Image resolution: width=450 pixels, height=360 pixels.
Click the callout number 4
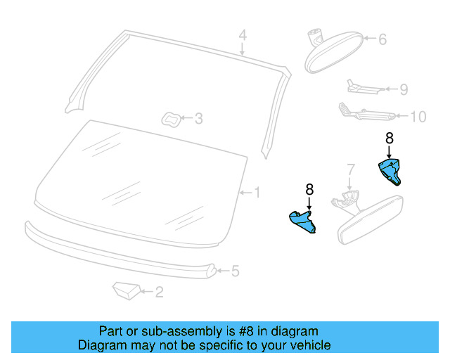click(x=242, y=34)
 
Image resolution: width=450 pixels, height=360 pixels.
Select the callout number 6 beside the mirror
click(x=382, y=39)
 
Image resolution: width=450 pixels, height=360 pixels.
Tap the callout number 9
click(x=404, y=89)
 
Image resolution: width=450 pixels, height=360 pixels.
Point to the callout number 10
click(x=418, y=117)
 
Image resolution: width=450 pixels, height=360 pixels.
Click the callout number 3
click(x=198, y=119)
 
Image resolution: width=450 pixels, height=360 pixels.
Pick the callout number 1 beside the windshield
click(x=257, y=192)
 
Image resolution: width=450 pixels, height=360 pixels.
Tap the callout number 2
click(x=159, y=292)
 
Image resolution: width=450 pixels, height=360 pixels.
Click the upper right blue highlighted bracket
click(x=390, y=170)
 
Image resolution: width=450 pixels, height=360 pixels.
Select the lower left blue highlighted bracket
click(x=303, y=221)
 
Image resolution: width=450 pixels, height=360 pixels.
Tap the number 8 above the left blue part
click(x=309, y=189)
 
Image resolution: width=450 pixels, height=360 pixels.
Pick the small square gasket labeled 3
click(x=171, y=119)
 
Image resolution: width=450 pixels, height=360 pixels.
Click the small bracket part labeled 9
click(x=362, y=87)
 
